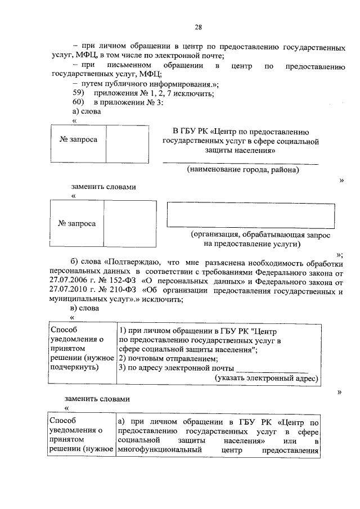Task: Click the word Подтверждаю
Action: (x=134, y=262)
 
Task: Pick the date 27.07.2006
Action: (x=69, y=281)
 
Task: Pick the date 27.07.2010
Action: (x=69, y=290)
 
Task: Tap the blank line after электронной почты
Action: (x=272, y=369)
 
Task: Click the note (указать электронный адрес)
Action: (x=267, y=379)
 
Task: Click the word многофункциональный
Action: (x=152, y=450)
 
